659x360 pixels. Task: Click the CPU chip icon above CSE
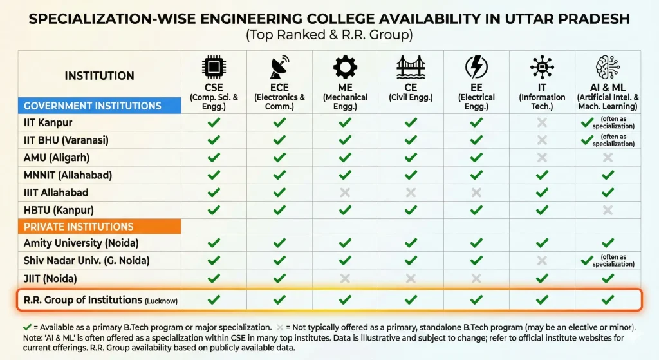click(x=214, y=67)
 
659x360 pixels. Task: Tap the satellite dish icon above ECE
click(x=279, y=67)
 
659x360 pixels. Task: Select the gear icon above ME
click(x=345, y=67)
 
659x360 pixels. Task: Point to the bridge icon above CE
click(x=411, y=67)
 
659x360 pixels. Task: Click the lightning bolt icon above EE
click(x=476, y=67)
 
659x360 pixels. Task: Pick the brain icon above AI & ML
click(x=608, y=67)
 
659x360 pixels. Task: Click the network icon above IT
click(x=542, y=67)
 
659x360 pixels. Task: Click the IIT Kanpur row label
click(x=48, y=122)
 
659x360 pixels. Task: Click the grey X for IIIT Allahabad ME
click(x=345, y=193)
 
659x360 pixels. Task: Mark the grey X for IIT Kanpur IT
click(x=542, y=122)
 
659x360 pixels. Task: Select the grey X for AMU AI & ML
click(x=608, y=158)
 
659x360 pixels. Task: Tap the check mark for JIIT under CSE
click(x=214, y=278)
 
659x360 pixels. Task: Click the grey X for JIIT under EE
click(x=476, y=278)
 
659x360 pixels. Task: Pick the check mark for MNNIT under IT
click(x=542, y=175)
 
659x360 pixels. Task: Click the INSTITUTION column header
click(x=100, y=76)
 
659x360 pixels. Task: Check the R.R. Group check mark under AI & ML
click(x=608, y=299)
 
